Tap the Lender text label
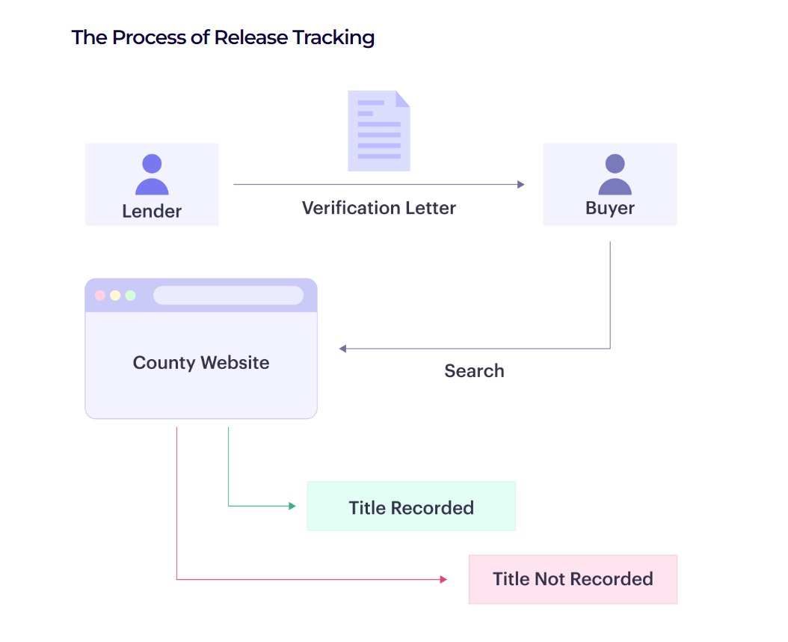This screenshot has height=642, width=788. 152,211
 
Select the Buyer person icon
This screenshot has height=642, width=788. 615,174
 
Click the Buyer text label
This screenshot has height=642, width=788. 610,208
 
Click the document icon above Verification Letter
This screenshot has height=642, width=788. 379,131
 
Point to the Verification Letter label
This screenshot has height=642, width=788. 379,207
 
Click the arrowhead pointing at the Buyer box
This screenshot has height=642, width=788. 521,184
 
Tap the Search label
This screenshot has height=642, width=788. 474,370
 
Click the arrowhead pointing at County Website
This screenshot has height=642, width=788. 342,349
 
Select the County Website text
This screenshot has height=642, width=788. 201,363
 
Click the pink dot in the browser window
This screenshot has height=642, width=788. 100,296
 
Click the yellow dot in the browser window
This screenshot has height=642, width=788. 115,296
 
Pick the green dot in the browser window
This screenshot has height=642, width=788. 131,296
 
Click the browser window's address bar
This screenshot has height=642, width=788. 228,296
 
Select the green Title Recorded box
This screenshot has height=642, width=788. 411,507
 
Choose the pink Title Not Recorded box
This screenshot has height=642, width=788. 573,579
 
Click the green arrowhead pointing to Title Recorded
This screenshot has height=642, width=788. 292,507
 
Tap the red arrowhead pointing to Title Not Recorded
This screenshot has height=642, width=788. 443,579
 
